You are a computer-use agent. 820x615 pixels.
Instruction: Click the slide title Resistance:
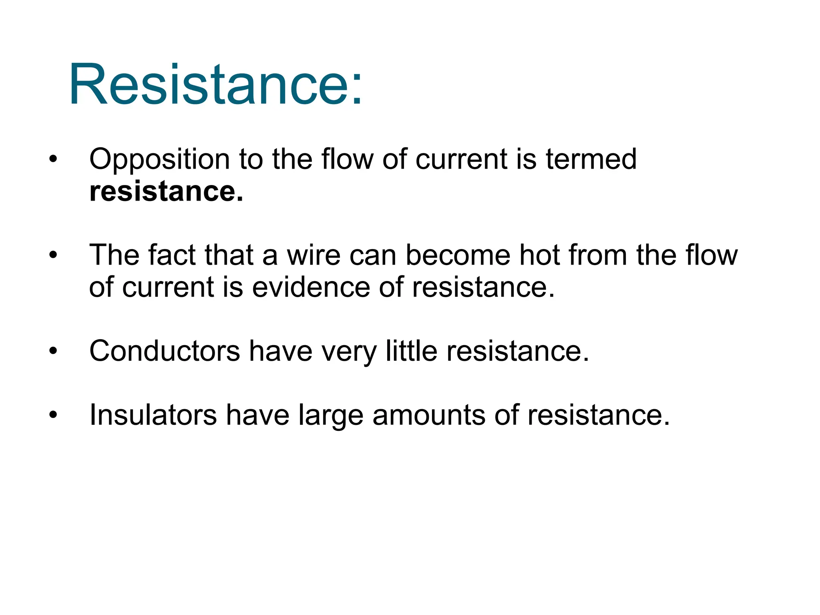215,85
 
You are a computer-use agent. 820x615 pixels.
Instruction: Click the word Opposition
159,159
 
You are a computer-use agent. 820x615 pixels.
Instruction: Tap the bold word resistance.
166,191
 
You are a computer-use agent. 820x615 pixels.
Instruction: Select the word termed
591,159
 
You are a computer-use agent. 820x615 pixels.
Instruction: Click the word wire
314,255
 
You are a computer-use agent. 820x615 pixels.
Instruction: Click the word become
458,255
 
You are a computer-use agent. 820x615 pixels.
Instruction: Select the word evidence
311,287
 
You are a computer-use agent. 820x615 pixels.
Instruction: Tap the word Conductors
165,351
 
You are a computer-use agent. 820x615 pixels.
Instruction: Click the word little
411,351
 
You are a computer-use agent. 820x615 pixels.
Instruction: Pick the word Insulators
153,415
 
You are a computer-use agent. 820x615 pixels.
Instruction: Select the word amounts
429,415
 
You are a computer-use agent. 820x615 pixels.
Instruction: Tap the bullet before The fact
53,255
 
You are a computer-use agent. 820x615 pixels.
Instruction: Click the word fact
172,255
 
